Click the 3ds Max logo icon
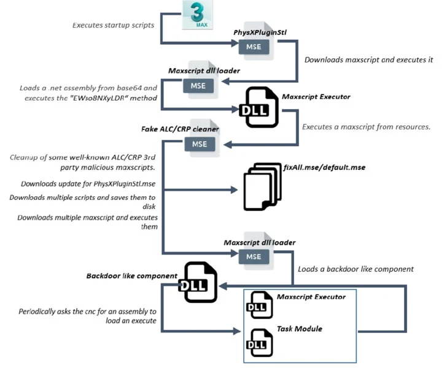tap(197, 14)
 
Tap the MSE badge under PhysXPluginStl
tap(254, 47)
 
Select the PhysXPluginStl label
tap(260, 33)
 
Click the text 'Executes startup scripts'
tap(113, 25)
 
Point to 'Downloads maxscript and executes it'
tap(368, 60)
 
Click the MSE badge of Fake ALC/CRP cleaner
tap(200, 144)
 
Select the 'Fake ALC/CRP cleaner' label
tap(180, 129)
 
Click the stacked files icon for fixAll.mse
tap(262, 187)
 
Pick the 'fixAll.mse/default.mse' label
tap(324, 167)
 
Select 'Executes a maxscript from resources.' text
tap(367, 127)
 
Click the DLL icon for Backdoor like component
tap(198, 282)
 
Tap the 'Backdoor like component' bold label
tap(131, 276)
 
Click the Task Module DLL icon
tap(259, 343)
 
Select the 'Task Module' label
tap(300, 329)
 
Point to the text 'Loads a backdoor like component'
tap(356, 269)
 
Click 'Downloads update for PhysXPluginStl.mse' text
tap(88, 184)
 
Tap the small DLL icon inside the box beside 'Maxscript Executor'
tap(259, 305)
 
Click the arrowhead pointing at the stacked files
tap(234, 190)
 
